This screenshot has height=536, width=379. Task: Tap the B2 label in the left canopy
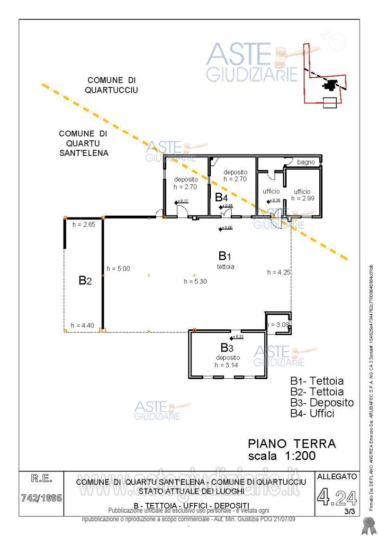coord(85,281)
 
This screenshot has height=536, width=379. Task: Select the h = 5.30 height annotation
coord(196,281)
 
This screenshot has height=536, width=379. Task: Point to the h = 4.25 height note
coord(279,272)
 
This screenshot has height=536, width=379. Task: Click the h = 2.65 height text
coord(84,225)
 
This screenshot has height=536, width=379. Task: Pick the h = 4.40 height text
coord(82,325)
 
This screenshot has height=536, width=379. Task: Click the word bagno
coord(306,162)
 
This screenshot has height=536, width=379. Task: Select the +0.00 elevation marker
coord(226,229)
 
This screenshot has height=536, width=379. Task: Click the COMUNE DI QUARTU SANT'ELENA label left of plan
coord(83,143)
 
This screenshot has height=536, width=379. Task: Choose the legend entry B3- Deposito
coord(322,403)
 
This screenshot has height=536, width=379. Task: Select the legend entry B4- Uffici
coord(312,414)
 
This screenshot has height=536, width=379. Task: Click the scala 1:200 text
coord(282,456)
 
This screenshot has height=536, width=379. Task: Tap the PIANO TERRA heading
coord(292,444)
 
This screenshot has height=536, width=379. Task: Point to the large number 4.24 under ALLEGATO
coord(337,498)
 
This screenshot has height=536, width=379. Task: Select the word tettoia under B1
coord(226,267)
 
